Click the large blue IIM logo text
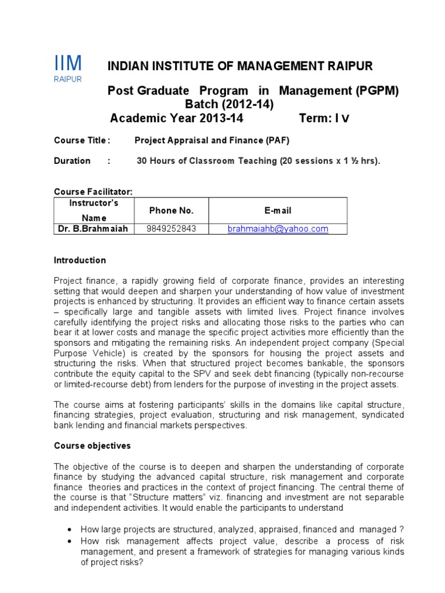pyautogui.click(x=68, y=63)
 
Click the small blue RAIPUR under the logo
pyautogui.click(x=68, y=79)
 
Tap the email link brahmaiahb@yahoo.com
pyautogui.click(x=278, y=229)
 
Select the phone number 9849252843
pyautogui.click(x=172, y=229)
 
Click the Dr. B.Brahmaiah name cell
pyautogui.click(x=93, y=229)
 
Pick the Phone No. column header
pyautogui.click(x=172, y=211)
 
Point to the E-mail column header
pyautogui.click(x=278, y=211)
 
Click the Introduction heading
pyautogui.click(x=80, y=260)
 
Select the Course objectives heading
pyautogui.click(x=92, y=446)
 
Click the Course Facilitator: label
pyautogui.click(x=93, y=191)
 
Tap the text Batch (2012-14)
pyautogui.click(x=229, y=105)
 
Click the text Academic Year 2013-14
pyautogui.click(x=177, y=119)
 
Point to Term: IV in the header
pyautogui.click(x=324, y=119)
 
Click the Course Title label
pyautogui.click(x=81, y=140)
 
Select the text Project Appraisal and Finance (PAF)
pyautogui.click(x=212, y=140)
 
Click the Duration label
pyautogui.click(x=72, y=161)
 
